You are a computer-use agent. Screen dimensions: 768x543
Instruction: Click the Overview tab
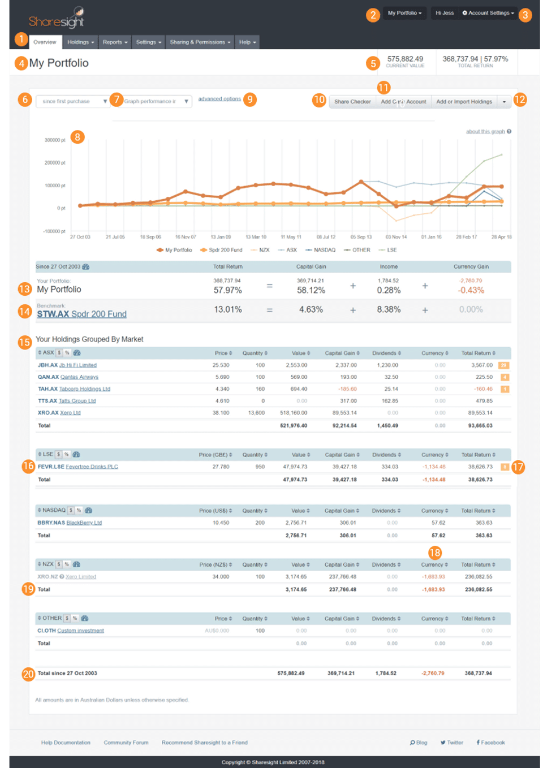pos(45,42)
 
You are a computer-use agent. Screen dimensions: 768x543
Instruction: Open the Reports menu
pos(115,42)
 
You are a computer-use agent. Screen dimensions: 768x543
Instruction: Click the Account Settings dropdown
pos(488,13)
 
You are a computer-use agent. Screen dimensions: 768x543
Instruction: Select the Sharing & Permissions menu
pos(200,42)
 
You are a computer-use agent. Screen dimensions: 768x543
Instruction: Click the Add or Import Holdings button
pos(464,102)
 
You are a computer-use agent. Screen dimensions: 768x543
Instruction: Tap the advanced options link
pos(219,99)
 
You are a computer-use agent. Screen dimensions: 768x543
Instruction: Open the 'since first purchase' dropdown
pos(72,101)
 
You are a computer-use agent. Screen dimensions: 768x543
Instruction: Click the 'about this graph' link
pos(485,131)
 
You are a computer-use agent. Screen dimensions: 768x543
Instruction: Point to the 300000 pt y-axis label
pos(55,140)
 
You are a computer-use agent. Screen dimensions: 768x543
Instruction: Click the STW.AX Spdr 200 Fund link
pos(81,314)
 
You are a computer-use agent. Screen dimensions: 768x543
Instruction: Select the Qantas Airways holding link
pos(79,377)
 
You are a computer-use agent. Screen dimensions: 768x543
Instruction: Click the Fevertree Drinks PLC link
pos(92,467)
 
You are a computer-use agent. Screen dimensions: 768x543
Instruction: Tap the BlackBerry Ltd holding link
pos(84,523)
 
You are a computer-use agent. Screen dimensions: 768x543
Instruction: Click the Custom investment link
pos(80,631)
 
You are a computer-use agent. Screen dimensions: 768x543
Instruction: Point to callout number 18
pos(434,553)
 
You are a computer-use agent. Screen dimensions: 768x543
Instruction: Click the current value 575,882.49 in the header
pos(405,59)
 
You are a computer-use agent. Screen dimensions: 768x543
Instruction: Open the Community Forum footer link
pos(126,743)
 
